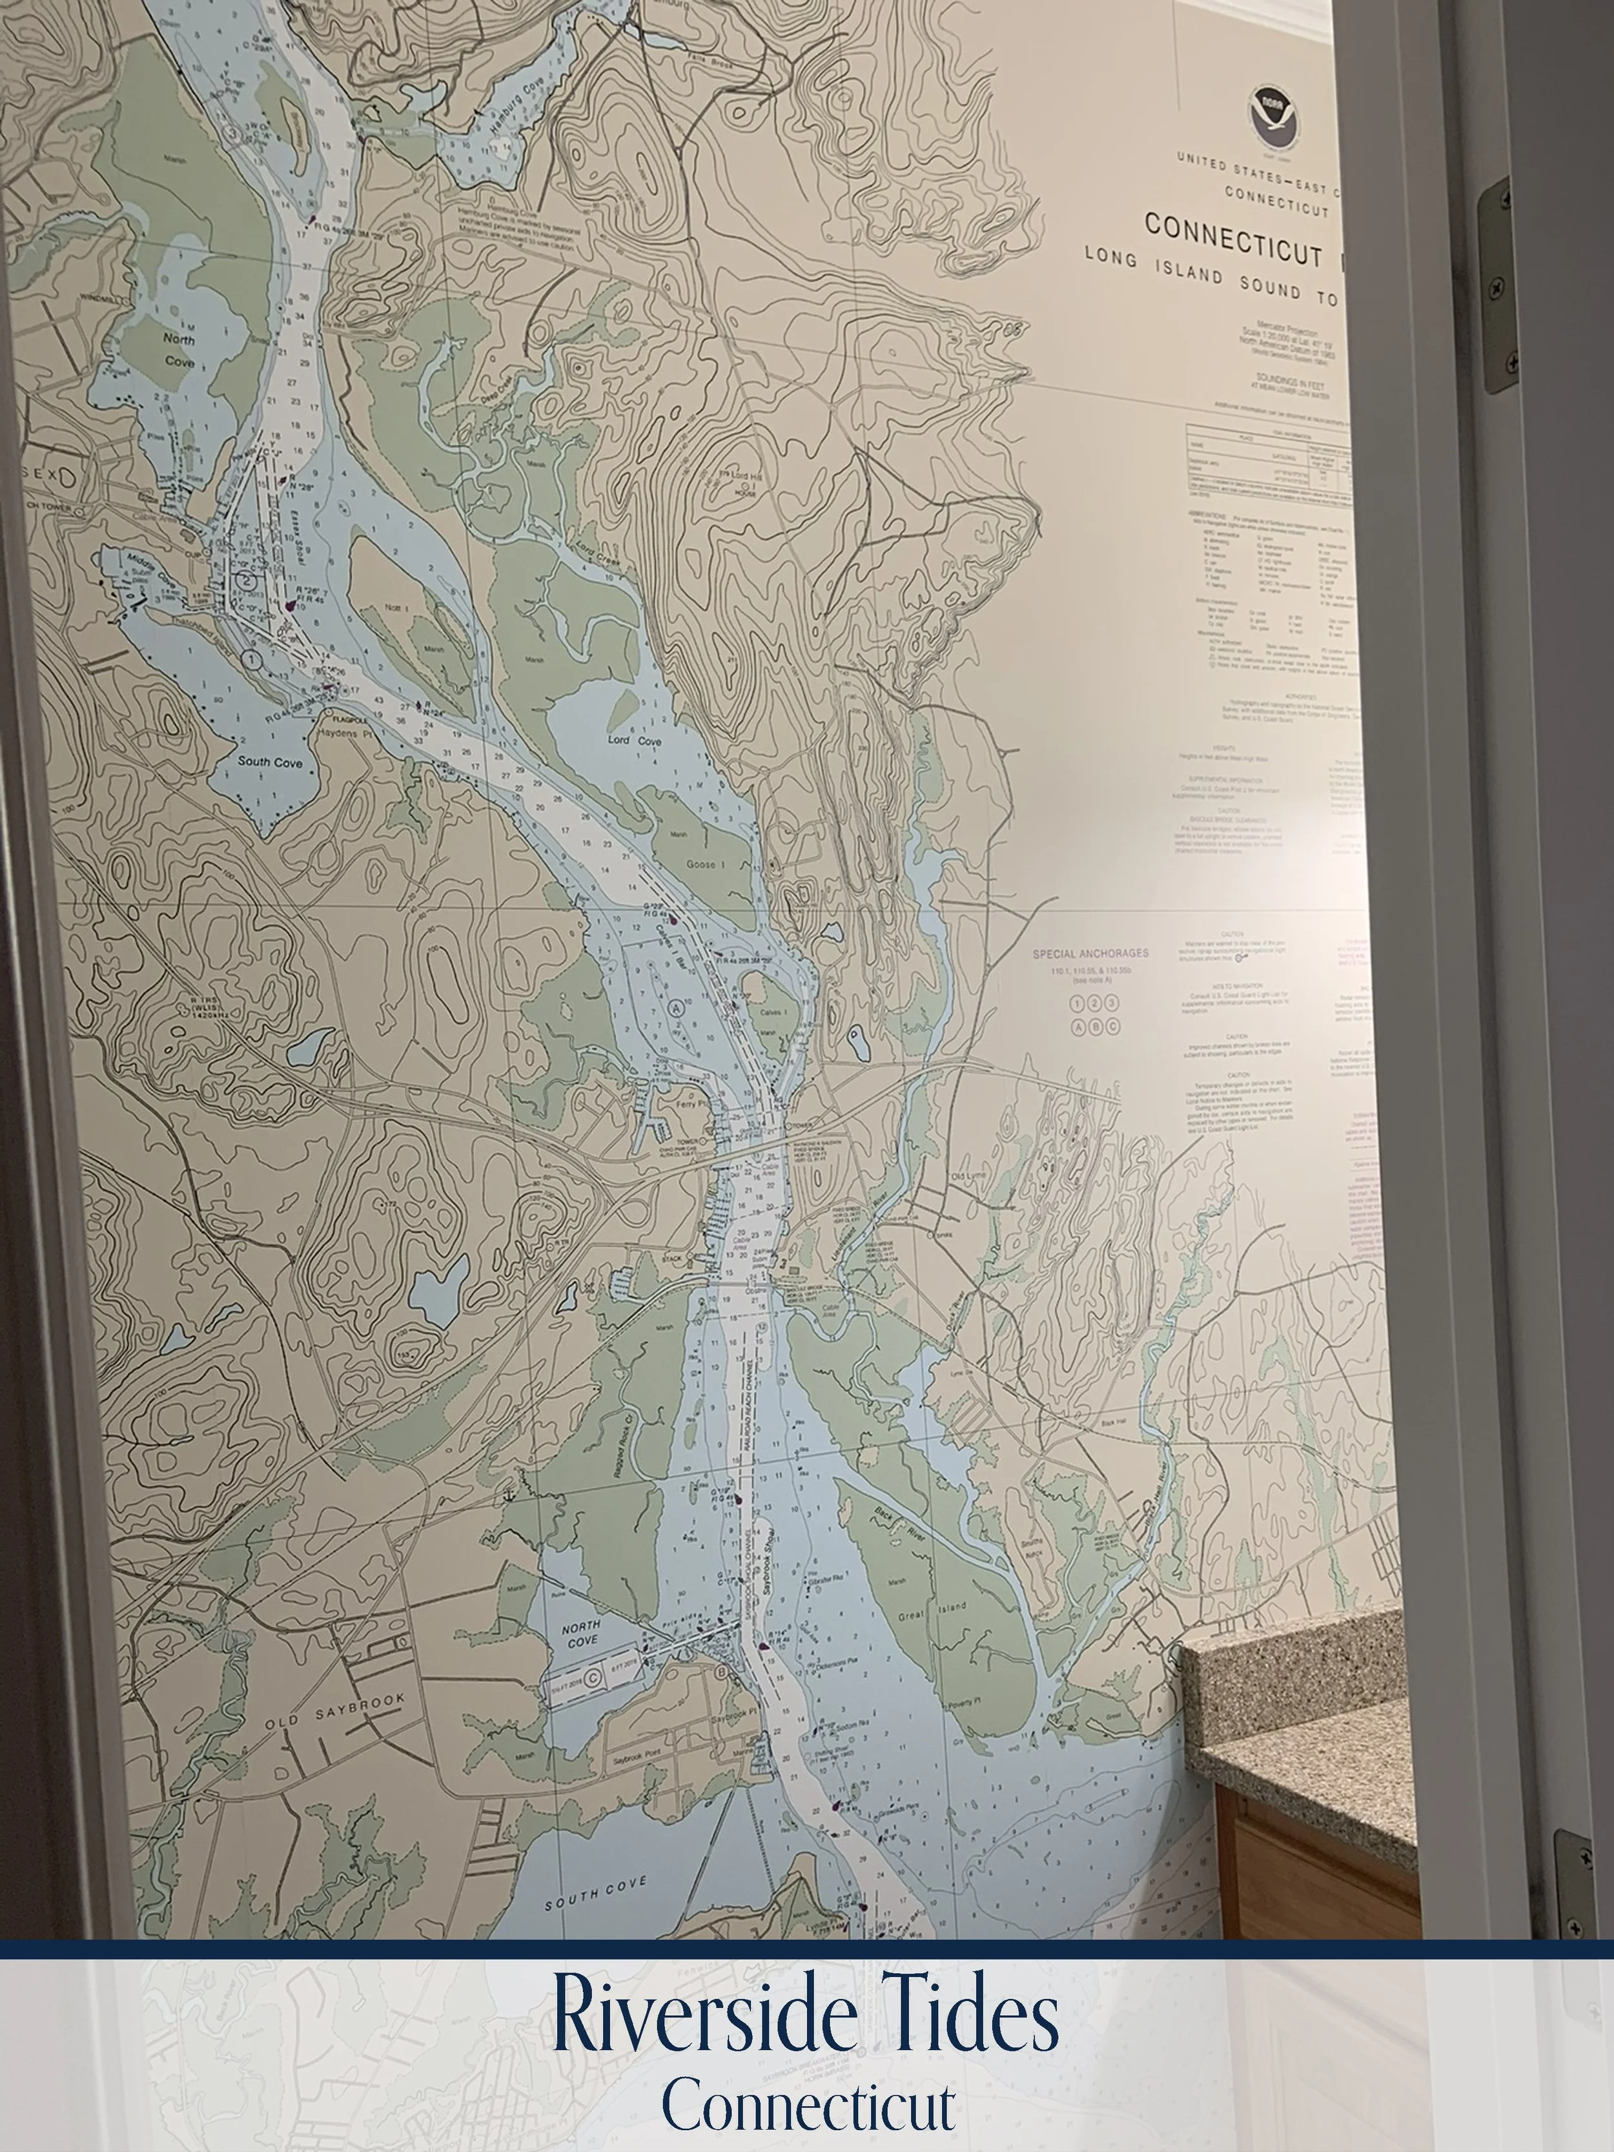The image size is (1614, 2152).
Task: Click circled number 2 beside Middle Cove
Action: (247, 580)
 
